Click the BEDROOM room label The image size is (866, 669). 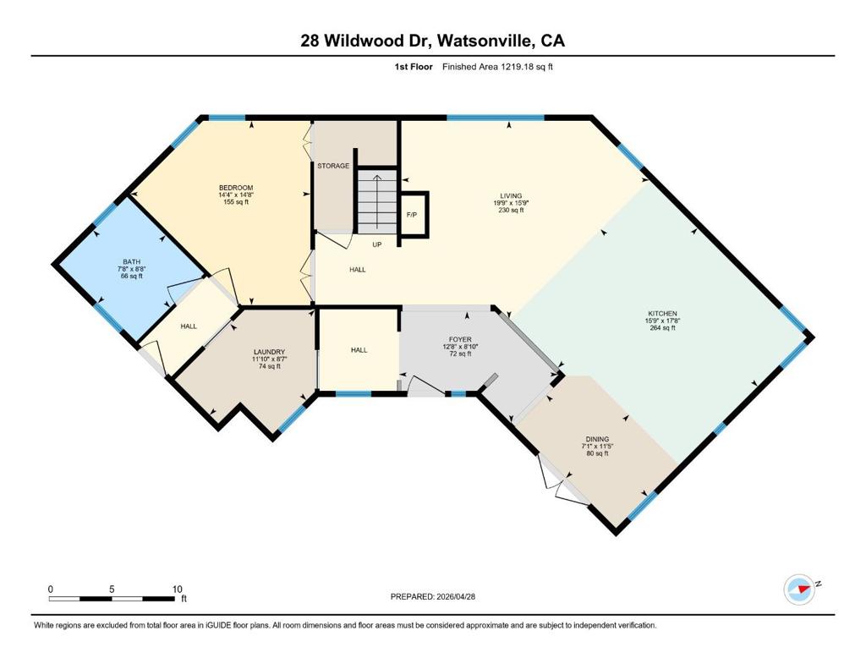(x=236, y=188)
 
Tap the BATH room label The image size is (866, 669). (x=131, y=262)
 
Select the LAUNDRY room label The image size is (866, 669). (x=270, y=352)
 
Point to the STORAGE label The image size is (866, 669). (x=333, y=166)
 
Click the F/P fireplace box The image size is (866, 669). (x=412, y=214)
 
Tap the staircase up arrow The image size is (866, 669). (x=377, y=201)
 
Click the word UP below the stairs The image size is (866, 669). (x=376, y=244)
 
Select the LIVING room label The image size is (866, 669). (x=511, y=195)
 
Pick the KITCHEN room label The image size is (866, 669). (x=661, y=313)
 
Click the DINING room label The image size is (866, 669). (x=598, y=439)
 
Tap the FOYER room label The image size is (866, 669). (x=460, y=339)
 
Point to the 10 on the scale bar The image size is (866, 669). (x=177, y=589)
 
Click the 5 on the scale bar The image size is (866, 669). (x=112, y=589)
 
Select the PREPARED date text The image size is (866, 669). (x=433, y=596)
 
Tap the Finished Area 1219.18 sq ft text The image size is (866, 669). (x=497, y=67)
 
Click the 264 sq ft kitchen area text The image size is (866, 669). (x=663, y=328)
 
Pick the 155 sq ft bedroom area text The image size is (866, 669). (x=236, y=202)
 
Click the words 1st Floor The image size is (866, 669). (x=413, y=67)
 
